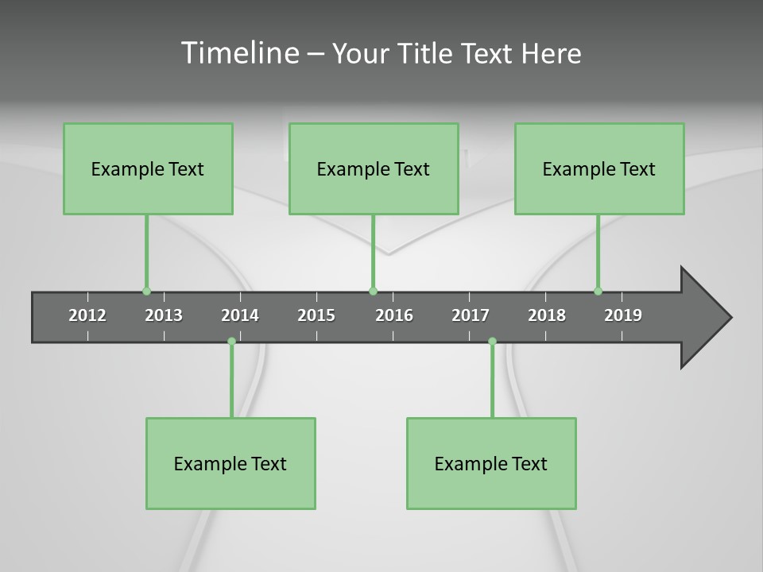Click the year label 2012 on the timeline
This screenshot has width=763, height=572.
coord(87,315)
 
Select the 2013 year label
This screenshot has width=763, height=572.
coord(164,315)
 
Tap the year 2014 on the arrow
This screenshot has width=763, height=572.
coord(240,315)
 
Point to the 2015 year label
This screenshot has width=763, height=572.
coord(316,315)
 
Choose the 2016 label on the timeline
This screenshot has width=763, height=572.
coord(394,315)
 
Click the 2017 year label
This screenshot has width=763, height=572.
coord(471,315)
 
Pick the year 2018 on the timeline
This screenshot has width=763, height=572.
coord(547,315)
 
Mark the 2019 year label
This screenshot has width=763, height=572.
coord(623,315)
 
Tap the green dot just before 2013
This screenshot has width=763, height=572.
coord(146,291)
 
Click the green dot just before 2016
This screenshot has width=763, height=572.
coord(373,291)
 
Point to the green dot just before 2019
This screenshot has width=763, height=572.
coord(598,291)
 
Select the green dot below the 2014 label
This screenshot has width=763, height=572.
coord(231,342)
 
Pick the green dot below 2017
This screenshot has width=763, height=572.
coord(492,342)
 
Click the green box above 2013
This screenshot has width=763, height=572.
coord(148,168)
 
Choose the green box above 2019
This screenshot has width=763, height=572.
coord(599,168)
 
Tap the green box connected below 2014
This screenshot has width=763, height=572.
coord(230,463)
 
